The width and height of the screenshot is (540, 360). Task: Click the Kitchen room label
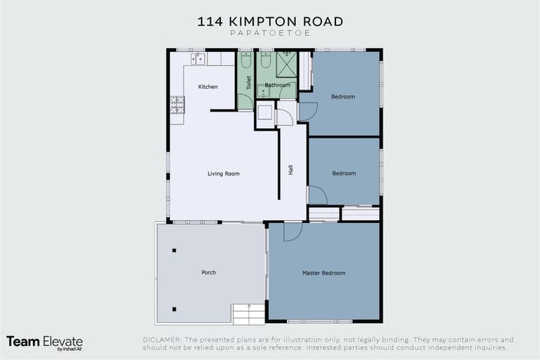pyautogui.click(x=207, y=86)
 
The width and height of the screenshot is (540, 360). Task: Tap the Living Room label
pyautogui.click(x=224, y=173)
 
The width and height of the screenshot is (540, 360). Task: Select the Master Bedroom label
pyautogui.click(x=323, y=273)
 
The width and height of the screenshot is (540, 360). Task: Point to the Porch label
pyautogui.click(x=208, y=271)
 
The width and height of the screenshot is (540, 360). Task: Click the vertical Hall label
pyautogui.click(x=290, y=170)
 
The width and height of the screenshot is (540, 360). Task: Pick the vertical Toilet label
pyautogui.click(x=248, y=82)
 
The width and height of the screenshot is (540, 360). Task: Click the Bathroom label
pyautogui.click(x=277, y=85)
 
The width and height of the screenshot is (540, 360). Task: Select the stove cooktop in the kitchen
pyautogui.click(x=177, y=105)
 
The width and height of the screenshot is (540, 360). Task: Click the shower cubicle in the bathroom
pyautogui.click(x=285, y=64)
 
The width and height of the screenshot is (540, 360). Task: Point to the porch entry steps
pyautogui.click(x=248, y=314)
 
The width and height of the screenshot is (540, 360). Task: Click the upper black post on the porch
pyautogui.click(x=174, y=250)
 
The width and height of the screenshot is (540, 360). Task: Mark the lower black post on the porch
pyautogui.click(x=174, y=309)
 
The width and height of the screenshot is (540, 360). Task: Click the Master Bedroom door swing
pyautogui.click(x=292, y=231)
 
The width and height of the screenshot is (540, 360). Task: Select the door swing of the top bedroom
pyautogui.click(x=307, y=111)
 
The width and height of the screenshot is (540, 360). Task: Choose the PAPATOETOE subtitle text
pyautogui.click(x=270, y=34)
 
